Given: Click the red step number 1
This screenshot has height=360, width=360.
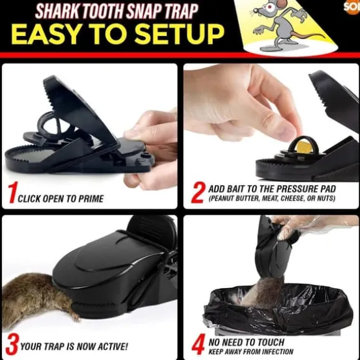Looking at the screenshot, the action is tap(13, 192).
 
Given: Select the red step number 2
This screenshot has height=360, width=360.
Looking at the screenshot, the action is tap(198, 192).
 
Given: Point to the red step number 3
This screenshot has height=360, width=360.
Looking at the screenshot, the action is tap(12, 344).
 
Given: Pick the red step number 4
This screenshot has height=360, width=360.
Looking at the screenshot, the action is tap(199, 344).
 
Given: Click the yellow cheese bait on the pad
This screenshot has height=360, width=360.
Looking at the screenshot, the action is tap(304, 147).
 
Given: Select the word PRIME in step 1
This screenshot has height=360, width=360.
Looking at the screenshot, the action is tap(91, 199).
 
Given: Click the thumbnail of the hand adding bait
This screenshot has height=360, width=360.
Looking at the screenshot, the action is tap(271, 136).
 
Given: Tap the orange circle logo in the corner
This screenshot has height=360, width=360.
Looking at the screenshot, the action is tap(353, 7).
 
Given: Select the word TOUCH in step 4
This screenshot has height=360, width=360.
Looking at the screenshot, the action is tap(271, 343).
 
